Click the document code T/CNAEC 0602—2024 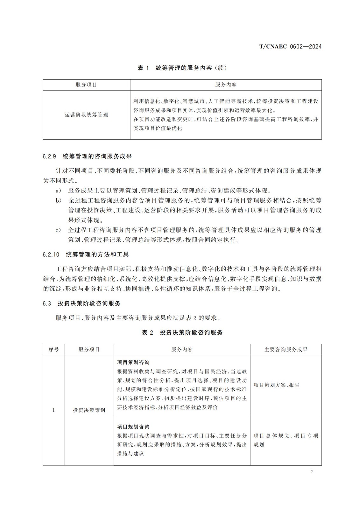point(290,46)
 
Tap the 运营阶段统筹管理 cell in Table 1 point(87,115)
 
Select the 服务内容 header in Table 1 point(226,85)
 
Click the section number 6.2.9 point(49,157)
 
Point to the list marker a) point(58,191)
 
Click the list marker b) point(58,200)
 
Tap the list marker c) point(58,230)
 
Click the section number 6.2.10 point(51,254)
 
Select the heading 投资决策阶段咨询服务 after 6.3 point(89,303)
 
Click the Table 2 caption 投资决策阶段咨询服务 point(182,332)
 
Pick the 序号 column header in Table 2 point(54,349)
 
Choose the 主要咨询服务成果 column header point(286,349)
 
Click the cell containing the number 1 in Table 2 point(54,410)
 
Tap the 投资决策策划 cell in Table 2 point(89,410)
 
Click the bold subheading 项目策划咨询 point(133,362)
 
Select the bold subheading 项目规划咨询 point(133,427)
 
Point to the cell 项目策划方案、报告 point(277,385)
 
